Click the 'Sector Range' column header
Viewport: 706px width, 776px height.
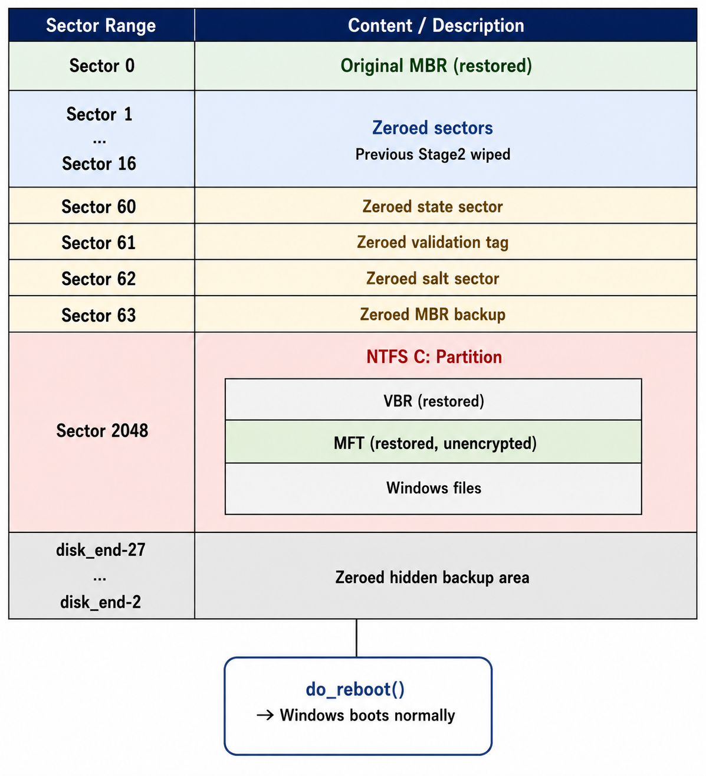coord(101,25)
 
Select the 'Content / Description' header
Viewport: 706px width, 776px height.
coord(436,25)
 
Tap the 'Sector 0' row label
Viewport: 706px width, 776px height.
coord(101,66)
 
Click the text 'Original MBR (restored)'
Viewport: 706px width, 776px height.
coord(436,66)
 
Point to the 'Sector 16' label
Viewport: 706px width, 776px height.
coord(99,163)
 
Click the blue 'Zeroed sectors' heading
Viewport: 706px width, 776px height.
coord(432,127)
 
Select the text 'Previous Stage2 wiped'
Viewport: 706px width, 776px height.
coord(433,155)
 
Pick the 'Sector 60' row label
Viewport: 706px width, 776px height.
coord(98,207)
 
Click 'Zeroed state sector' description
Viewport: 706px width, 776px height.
coord(432,207)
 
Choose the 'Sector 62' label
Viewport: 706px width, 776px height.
coord(98,279)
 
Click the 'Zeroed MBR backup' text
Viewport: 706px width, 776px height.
coord(432,315)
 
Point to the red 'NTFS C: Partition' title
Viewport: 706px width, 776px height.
coord(434,356)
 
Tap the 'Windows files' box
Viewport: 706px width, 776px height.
coord(433,489)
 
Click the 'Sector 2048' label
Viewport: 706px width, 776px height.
coord(102,431)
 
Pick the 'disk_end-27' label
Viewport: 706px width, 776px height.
coord(100,550)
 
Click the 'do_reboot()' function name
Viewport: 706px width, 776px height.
coord(355,690)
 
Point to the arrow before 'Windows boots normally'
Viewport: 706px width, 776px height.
coord(265,715)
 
